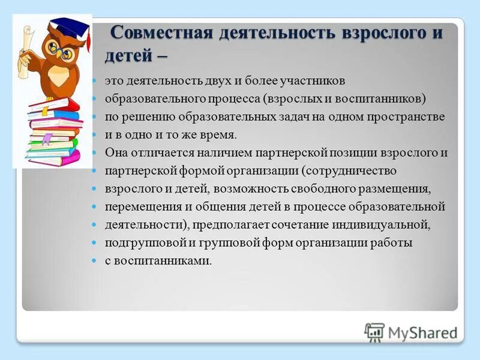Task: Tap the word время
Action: pyautogui.click(x=217, y=134)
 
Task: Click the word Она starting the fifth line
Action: pyautogui.click(x=116, y=152)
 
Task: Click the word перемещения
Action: pyautogui.click(x=139, y=207)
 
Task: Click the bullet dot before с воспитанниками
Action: pyautogui.click(x=94, y=262)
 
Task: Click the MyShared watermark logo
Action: pyautogui.click(x=411, y=332)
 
